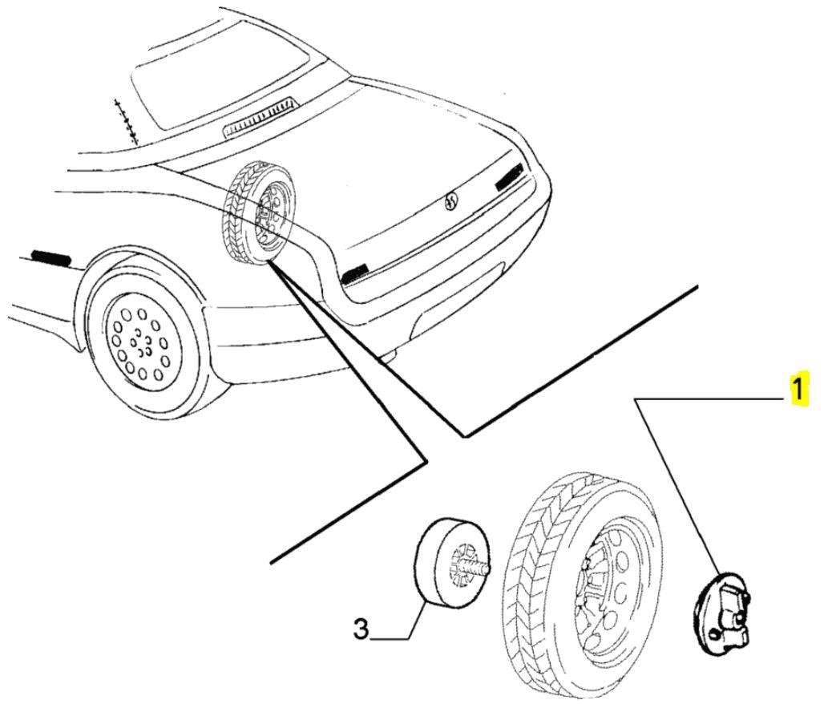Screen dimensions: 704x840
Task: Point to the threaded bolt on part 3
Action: pos(483,566)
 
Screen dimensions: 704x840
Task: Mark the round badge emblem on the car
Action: pos(450,201)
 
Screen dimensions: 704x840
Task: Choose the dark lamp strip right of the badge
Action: pos(509,177)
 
